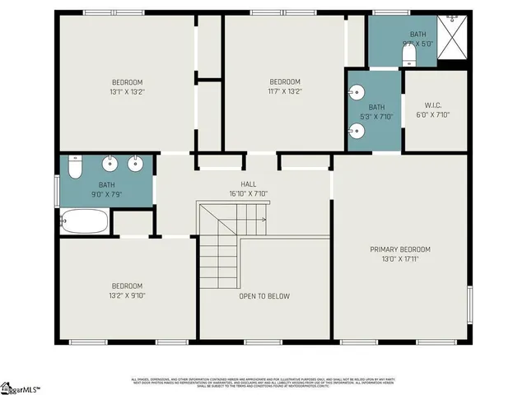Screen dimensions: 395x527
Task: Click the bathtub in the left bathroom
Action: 84,221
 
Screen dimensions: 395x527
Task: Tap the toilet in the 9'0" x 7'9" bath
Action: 74,168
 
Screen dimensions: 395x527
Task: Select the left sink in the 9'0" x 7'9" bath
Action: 110,162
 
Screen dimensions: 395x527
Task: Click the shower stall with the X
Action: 453,39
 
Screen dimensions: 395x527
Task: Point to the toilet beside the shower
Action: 408,54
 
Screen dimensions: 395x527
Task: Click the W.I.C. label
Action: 433,105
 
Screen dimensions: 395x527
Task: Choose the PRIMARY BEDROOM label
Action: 400,249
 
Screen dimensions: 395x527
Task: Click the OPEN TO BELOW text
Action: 263,296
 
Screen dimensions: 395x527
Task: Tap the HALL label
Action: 248,184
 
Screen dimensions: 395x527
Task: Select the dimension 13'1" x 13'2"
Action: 128,92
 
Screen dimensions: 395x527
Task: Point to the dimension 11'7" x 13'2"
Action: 285,92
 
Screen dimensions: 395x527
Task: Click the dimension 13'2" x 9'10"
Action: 128,296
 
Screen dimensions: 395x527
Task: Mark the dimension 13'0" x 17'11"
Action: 400,259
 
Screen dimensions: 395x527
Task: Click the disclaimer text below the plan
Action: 263,383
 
